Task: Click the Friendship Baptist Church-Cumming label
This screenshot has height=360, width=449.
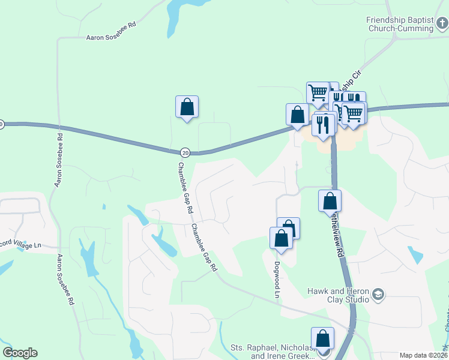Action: click(x=400, y=24)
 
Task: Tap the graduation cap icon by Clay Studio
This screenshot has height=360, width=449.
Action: click(x=378, y=294)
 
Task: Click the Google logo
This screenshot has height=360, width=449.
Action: click(x=20, y=353)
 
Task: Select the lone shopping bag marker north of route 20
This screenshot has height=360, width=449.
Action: click(x=187, y=107)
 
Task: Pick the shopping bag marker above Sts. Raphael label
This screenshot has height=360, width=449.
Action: click(x=322, y=338)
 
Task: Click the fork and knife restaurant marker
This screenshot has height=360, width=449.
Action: click(x=324, y=125)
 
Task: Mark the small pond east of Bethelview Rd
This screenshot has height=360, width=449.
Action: click(x=415, y=255)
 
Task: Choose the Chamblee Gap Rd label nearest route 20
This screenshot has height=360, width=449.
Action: click(x=185, y=188)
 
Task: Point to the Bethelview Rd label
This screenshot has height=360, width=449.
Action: click(x=338, y=237)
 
